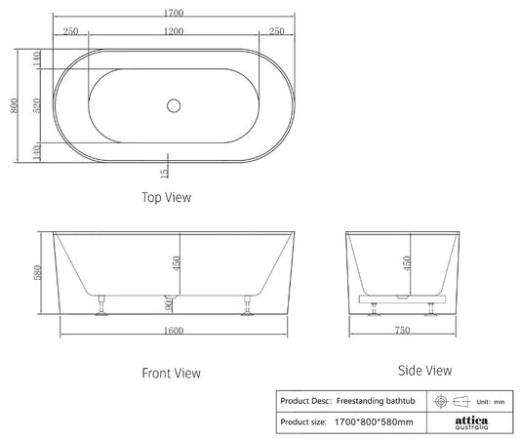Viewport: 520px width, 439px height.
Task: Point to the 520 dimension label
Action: point(37,105)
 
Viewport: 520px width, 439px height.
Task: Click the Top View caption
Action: point(168,197)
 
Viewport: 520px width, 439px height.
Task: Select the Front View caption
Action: point(173,373)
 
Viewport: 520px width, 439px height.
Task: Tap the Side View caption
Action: point(425,371)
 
